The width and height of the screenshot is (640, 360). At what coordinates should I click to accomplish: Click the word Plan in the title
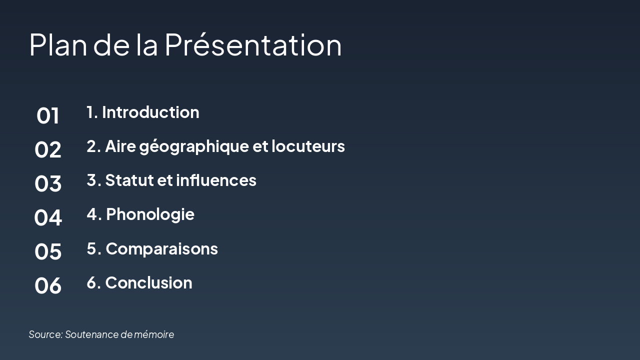(x=59, y=44)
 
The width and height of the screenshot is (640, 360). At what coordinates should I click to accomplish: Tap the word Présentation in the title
(x=253, y=44)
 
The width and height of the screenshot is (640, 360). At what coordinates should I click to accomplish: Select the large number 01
(x=48, y=116)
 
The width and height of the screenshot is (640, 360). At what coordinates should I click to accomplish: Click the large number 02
(x=48, y=150)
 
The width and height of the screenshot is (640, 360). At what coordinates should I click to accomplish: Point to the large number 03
(x=48, y=184)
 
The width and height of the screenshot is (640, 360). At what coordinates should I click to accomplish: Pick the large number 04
(x=48, y=218)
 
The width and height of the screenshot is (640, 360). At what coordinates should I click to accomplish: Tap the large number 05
(x=48, y=251)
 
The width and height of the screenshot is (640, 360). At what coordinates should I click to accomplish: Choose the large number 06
(x=48, y=285)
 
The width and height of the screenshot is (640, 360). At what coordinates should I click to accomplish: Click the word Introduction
(x=150, y=112)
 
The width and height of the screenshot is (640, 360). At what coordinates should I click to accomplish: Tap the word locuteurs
(x=308, y=146)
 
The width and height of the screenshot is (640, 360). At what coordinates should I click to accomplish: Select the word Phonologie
(x=150, y=214)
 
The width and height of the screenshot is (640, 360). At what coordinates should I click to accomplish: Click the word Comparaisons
(x=161, y=248)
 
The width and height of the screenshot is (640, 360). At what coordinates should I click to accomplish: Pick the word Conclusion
(x=148, y=282)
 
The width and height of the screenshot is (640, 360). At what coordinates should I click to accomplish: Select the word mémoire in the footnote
(x=154, y=334)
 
